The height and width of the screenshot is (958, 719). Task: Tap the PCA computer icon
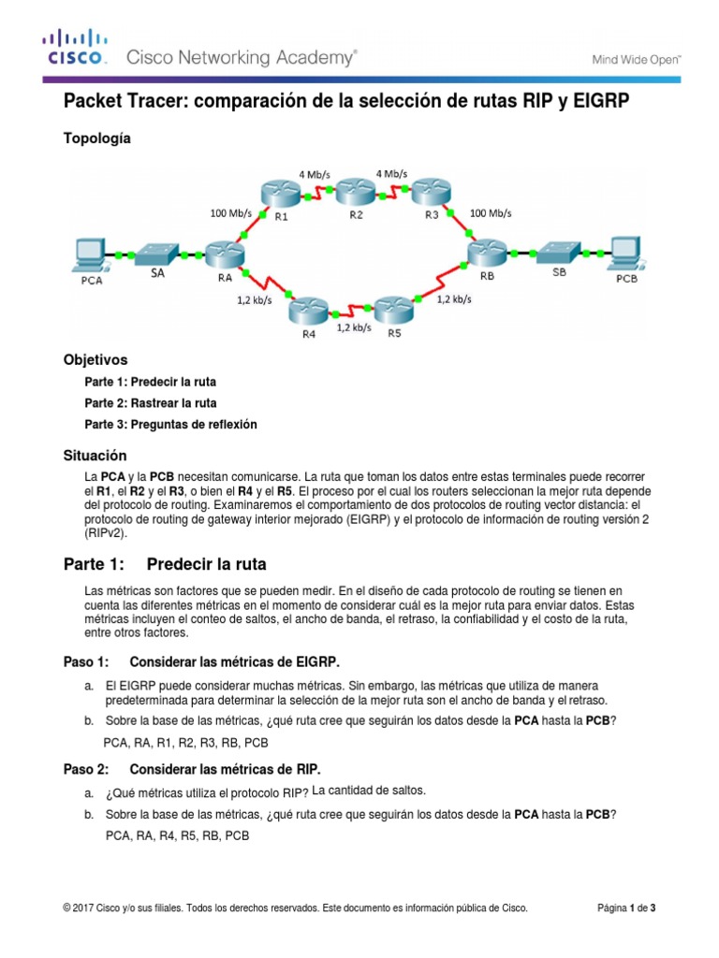[91, 253]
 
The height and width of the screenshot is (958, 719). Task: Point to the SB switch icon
[558, 253]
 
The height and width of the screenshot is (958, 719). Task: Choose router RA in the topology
[225, 254]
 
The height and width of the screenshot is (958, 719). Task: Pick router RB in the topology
[487, 253]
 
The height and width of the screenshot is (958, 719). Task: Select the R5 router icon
[393, 311]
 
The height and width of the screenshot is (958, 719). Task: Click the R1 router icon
[280, 194]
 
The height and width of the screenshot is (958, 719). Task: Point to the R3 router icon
[431, 194]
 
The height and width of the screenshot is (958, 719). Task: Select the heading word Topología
[96, 138]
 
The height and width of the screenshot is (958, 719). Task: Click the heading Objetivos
[95, 359]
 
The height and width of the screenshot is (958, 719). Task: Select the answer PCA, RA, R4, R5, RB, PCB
[178, 835]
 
